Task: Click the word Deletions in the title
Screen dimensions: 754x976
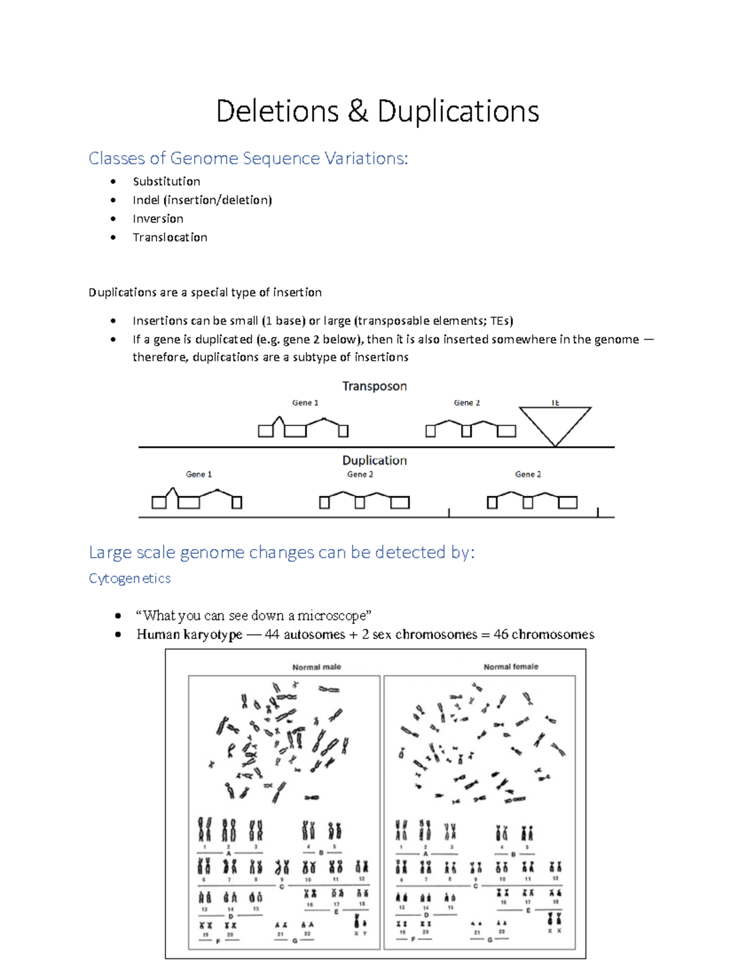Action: pos(277,112)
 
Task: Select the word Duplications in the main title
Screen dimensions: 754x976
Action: pos(458,112)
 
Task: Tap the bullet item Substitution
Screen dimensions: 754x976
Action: pos(167,182)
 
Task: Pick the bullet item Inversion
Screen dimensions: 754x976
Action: pos(158,219)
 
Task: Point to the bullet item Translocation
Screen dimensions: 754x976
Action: pos(170,238)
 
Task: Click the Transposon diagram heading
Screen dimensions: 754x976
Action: pos(374,386)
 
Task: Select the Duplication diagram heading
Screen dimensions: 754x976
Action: pos(374,460)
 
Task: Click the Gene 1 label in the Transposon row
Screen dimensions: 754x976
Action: pos(305,403)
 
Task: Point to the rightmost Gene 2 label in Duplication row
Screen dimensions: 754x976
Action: pos(528,474)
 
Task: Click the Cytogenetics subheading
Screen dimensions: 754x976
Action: pos(129,578)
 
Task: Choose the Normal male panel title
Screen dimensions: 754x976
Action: pos(316,667)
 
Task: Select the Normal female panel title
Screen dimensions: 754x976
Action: pos(510,667)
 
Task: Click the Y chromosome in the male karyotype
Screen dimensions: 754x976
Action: pos(364,922)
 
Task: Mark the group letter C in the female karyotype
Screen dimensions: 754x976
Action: pos(475,886)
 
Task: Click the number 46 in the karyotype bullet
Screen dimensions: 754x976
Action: pos(501,634)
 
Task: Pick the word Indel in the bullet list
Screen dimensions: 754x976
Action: pos(146,200)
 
